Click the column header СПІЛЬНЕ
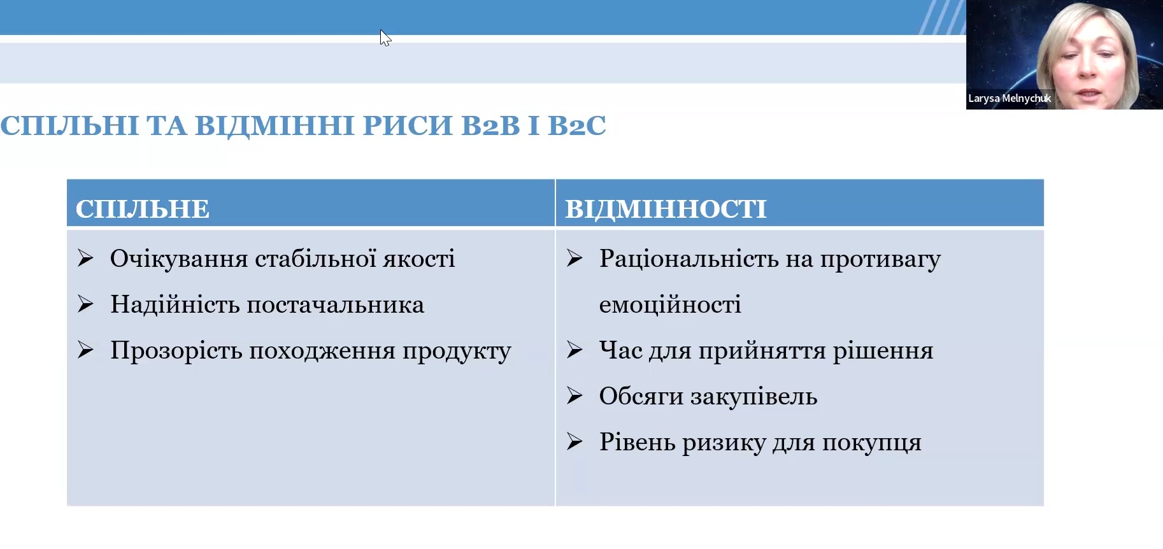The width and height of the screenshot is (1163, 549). [x=142, y=209]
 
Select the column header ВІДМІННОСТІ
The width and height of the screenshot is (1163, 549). [x=666, y=209]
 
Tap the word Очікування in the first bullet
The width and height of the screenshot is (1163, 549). [x=178, y=259]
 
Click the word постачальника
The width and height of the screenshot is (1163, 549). [x=335, y=305]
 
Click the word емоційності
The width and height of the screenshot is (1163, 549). [x=669, y=305]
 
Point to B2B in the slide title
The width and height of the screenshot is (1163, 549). [x=490, y=125]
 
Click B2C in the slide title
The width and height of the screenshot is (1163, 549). [x=576, y=125]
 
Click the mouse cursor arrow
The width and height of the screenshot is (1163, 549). [x=385, y=38]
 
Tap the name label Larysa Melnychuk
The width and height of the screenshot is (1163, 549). [x=1009, y=98]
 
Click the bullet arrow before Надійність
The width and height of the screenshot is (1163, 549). [x=85, y=304]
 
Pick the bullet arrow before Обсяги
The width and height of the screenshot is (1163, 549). [x=574, y=396]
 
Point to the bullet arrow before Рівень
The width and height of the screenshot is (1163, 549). [x=574, y=442]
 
